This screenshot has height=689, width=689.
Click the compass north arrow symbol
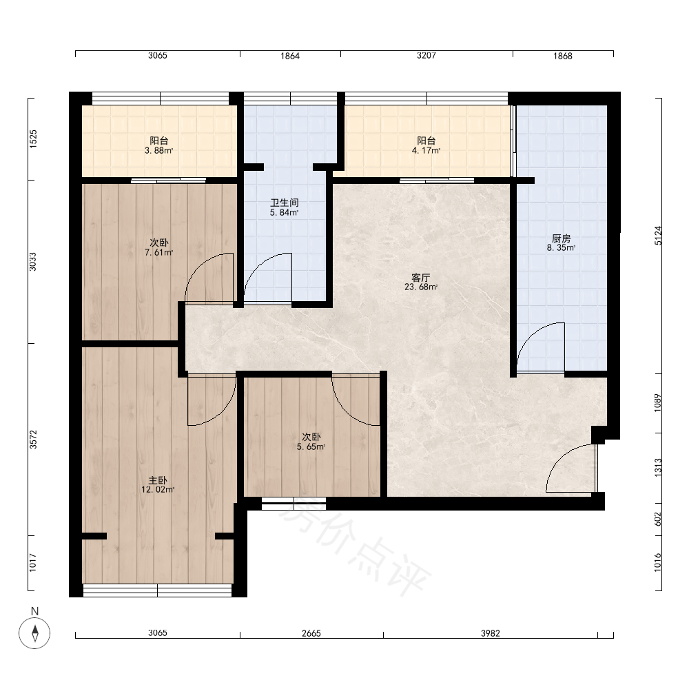click(x=34, y=633)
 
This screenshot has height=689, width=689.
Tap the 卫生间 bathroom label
click(x=285, y=203)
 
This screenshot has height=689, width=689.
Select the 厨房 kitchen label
click(x=561, y=238)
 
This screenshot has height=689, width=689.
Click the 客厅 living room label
click(x=420, y=278)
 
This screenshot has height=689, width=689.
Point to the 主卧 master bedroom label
click(x=158, y=480)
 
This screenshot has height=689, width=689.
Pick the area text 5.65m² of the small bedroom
click(x=311, y=447)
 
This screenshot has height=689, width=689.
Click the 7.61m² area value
click(x=158, y=252)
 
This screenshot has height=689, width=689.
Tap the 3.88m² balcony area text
click(x=158, y=150)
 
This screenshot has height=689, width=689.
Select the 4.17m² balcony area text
click(x=426, y=150)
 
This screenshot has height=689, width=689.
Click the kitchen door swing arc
click(x=532, y=334)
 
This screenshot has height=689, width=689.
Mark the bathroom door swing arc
click(x=259, y=265)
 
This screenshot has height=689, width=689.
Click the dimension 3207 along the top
click(x=426, y=56)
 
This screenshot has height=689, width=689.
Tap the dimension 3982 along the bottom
click(x=491, y=633)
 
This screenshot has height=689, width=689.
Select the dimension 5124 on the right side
click(x=658, y=236)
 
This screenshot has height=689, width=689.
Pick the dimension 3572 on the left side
click(x=33, y=440)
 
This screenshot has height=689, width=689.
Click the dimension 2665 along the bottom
click(x=311, y=633)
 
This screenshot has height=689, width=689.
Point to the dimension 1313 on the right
click(x=658, y=468)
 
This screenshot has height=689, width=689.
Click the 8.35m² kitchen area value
click(x=561, y=248)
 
